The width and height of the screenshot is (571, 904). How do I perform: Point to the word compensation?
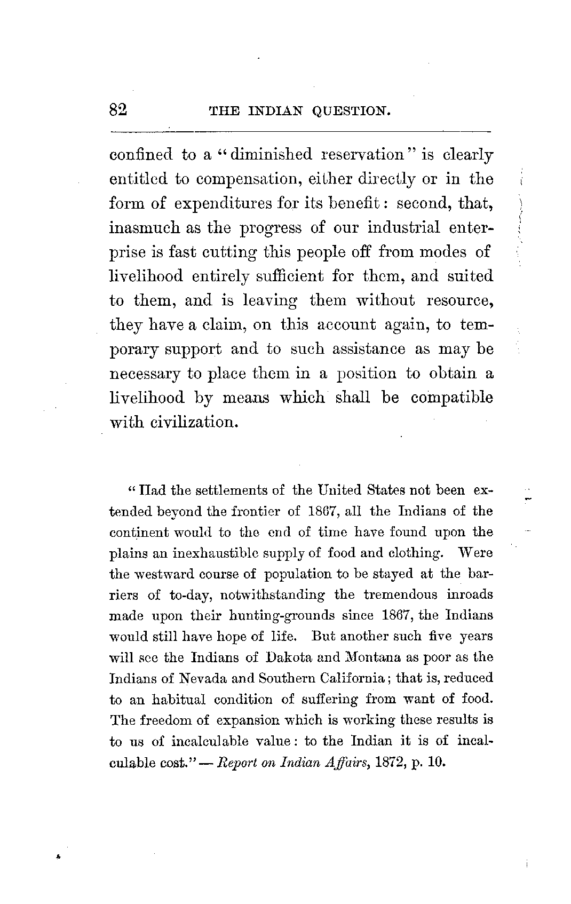tap(250, 179)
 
